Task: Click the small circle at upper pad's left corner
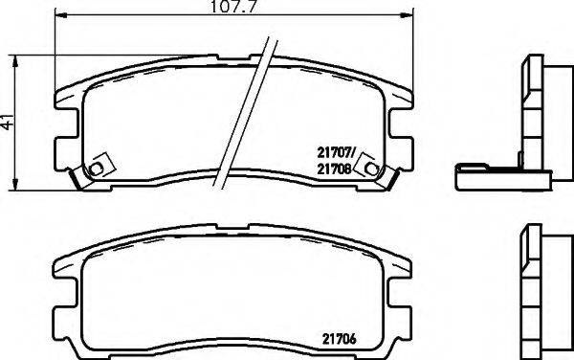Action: click(94, 171)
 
